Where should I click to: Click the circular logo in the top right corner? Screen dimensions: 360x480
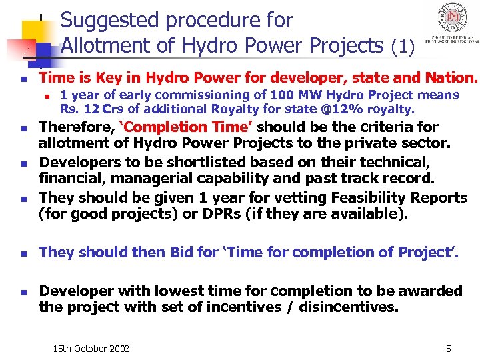click(x=451, y=17)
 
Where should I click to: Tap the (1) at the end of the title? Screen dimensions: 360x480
click(x=403, y=47)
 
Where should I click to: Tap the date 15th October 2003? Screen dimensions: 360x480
click(x=91, y=349)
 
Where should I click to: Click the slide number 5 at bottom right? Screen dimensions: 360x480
click(x=448, y=349)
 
